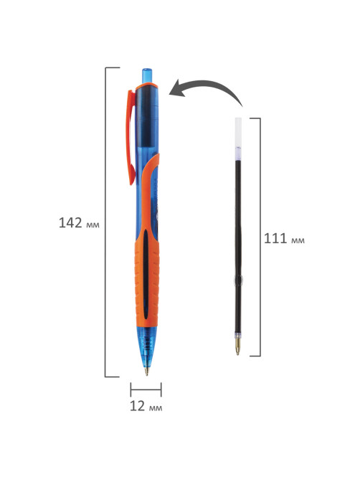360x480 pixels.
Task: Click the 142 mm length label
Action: coord(79,223)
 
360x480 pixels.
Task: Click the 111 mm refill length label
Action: coord(284,238)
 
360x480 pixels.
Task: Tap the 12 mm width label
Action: coord(146,406)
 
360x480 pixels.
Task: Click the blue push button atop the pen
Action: coord(147,75)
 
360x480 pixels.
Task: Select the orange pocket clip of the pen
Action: coord(131,137)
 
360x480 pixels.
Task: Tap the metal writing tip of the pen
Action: coord(146,370)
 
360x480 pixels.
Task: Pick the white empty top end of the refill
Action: coord(238,133)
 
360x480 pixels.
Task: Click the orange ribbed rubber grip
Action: coord(147,276)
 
